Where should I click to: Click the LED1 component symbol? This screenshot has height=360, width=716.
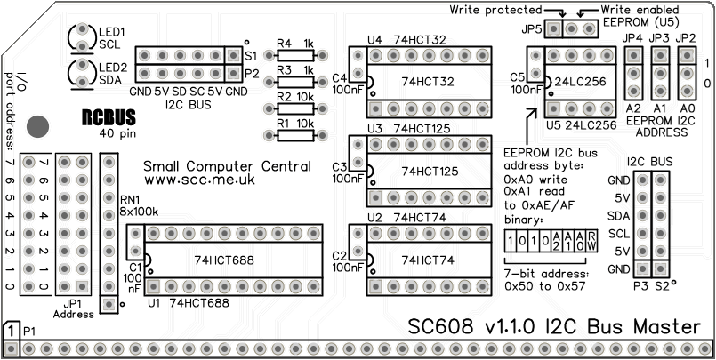click(x=81, y=36)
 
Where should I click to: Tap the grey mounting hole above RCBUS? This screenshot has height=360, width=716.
click(x=37, y=125)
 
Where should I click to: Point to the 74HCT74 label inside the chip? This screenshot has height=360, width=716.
click(x=428, y=260)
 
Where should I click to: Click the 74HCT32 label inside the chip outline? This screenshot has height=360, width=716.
click(x=430, y=82)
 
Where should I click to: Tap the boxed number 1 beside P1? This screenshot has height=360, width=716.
click(x=10, y=331)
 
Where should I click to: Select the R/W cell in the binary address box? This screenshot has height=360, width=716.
click(x=591, y=240)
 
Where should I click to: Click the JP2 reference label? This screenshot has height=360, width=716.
click(x=686, y=38)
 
